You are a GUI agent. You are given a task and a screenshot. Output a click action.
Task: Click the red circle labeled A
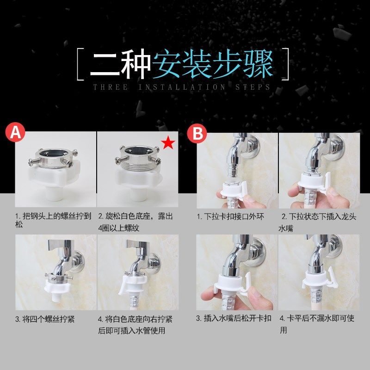pos(15,132)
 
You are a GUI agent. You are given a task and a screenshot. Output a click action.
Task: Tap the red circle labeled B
pos(197,133)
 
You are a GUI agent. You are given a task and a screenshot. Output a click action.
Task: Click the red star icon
pos(168,142)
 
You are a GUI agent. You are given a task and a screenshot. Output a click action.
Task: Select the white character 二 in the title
pos(105,64)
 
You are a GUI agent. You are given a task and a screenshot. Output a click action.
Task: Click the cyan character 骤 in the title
pos(259,64)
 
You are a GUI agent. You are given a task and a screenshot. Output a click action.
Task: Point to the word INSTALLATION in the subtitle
pos(182,87)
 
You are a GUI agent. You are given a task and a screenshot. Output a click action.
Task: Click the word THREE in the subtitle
pos(111,87)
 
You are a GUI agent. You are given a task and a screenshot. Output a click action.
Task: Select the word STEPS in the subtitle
pos(253,87)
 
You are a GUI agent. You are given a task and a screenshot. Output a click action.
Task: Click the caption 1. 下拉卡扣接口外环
pos(230,216)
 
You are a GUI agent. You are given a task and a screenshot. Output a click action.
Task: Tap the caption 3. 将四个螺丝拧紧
pos(45,319)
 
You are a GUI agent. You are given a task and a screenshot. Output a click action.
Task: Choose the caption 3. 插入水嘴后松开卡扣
pos(234,318)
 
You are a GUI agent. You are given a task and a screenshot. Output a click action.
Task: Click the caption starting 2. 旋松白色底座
pos(136,222)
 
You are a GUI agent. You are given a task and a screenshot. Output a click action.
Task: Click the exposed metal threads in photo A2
pos(139,165)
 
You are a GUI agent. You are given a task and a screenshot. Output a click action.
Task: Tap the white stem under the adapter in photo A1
pos(55,194)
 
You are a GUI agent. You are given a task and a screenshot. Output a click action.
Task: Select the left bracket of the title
pos(80,64)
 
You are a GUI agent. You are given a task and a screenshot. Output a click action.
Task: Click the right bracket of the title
pos(285,64)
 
